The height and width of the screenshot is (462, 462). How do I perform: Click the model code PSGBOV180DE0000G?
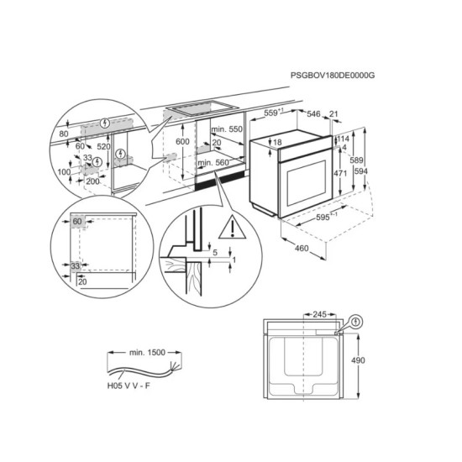coord(332,76)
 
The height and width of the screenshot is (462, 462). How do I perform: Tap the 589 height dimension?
coord(356,160)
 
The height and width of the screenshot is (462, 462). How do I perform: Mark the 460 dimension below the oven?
coord(301,249)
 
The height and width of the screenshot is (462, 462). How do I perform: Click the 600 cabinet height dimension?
coord(182,142)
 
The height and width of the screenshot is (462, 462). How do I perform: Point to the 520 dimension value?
coord(102,145)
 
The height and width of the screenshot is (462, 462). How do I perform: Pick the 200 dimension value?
coord(93,181)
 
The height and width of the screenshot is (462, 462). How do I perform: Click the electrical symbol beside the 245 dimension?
coord(356,321)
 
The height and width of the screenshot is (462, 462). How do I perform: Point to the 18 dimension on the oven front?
coord(276,143)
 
